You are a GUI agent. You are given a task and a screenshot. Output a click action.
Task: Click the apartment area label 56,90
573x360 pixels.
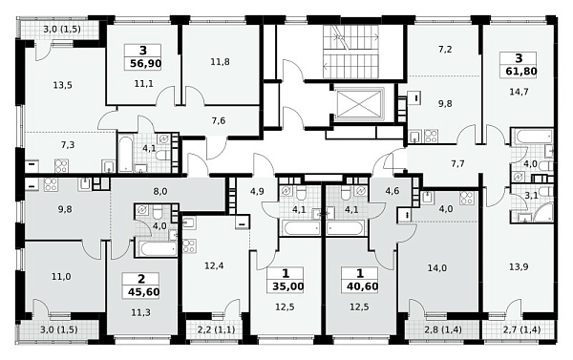point(146,64)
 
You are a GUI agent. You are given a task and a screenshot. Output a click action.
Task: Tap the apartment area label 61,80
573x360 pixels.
point(521,71)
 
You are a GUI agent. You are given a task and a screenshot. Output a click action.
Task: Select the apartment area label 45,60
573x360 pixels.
point(144,292)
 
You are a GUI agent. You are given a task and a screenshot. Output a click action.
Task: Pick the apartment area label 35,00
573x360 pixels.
point(288,286)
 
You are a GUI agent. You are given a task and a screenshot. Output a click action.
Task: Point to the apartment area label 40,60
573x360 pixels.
point(363,286)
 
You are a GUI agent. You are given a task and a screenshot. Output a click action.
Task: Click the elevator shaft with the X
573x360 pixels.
point(359,103)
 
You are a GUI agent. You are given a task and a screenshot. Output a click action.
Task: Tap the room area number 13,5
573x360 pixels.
point(62,86)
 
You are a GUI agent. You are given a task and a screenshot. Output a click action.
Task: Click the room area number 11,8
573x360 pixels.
point(220,62)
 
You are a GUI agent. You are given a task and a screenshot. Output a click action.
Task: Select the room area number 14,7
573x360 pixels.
point(519,92)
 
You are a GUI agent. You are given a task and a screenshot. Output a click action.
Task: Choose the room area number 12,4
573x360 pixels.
point(214,265)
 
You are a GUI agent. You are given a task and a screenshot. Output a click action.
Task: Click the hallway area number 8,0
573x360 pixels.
point(160,191)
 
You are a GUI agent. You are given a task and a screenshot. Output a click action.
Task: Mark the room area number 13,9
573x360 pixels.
point(519,266)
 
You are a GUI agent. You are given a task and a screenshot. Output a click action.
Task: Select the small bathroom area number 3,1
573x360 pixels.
point(531,196)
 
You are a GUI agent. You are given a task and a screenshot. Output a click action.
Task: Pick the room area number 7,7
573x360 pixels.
point(457,163)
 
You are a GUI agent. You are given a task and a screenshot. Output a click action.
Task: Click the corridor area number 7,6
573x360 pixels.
point(219,120)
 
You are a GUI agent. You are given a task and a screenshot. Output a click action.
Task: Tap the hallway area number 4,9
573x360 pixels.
point(257,191)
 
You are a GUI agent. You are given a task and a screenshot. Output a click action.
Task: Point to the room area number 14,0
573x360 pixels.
point(437,268)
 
